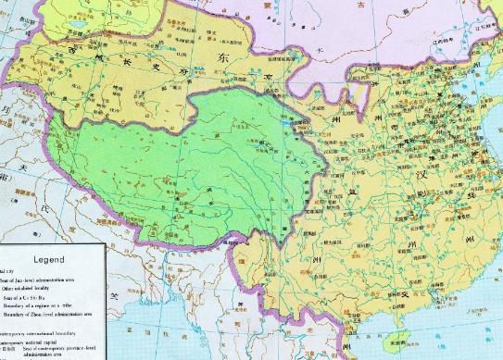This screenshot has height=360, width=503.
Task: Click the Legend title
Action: (50, 260)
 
